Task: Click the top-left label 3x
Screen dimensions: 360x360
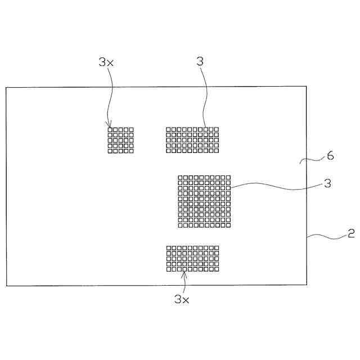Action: [x=106, y=62]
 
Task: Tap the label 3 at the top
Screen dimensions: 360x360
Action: [x=200, y=61]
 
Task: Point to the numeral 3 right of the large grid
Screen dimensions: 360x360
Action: [x=327, y=183]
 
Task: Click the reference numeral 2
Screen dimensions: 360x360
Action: [x=351, y=233]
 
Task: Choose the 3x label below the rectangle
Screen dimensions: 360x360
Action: [x=181, y=300]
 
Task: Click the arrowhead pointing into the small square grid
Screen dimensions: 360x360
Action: [x=110, y=127]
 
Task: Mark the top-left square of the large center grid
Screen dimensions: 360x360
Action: [x=181, y=178]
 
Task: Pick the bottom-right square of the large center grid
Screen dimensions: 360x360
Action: [x=228, y=225]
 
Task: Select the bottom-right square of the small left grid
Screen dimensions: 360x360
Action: [x=131, y=150]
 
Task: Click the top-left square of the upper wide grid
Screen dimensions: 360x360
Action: [x=168, y=130]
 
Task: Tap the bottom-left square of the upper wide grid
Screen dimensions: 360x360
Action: [x=168, y=150]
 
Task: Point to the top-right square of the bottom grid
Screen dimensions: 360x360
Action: [x=216, y=248]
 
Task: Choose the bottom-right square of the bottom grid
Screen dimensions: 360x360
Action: [x=216, y=268]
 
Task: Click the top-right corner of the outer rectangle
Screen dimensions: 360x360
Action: [x=307, y=87]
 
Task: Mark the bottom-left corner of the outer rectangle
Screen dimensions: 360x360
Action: [x=6, y=286]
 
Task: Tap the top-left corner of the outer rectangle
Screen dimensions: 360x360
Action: [x=6, y=87]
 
